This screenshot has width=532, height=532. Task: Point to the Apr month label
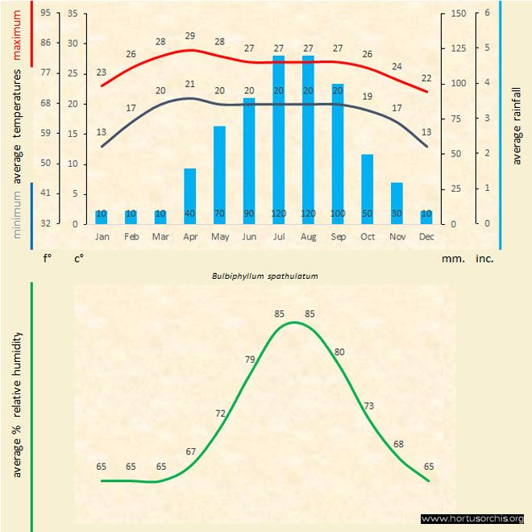(x=189, y=237)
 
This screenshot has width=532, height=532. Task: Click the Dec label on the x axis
(x=426, y=237)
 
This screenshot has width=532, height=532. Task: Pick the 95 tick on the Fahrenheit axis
(x=45, y=14)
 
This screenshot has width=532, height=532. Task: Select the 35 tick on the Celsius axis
(x=73, y=14)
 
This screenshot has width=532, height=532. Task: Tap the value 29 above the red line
(x=189, y=36)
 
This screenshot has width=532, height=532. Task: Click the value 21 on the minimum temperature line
(x=189, y=85)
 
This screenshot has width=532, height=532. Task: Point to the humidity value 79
(x=250, y=360)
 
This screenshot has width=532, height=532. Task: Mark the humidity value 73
(x=369, y=405)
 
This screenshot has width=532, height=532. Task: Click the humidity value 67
(x=190, y=451)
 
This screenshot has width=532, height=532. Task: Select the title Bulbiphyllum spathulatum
(x=265, y=276)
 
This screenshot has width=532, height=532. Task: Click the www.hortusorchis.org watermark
(x=473, y=518)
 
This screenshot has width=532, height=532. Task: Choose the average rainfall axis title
(x=517, y=125)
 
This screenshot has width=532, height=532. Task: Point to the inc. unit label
(x=484, y=260)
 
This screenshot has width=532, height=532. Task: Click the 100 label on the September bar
(x=338, y=213)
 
